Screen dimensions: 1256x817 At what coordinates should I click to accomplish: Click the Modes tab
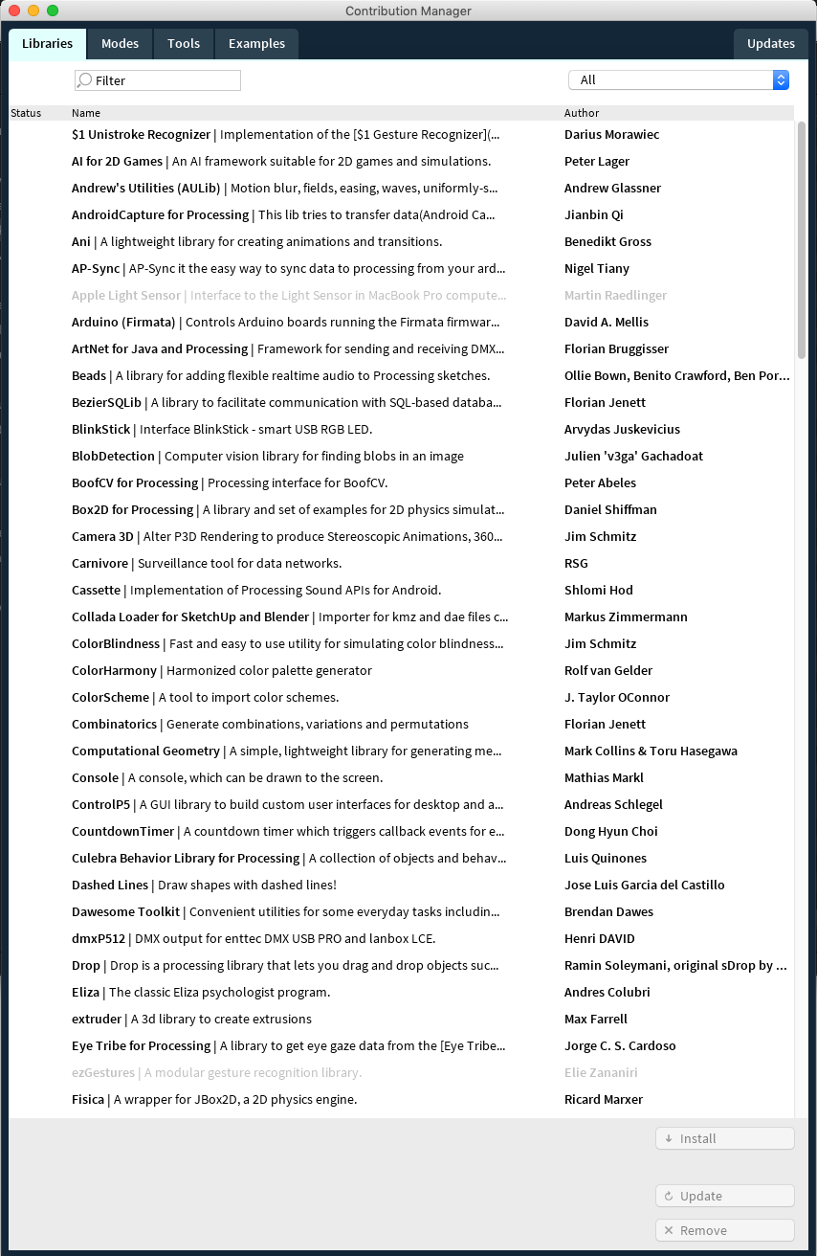(x=120, y=44)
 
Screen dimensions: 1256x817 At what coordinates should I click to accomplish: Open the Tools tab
(x=184, y=44)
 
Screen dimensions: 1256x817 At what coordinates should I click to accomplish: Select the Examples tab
(x=256, y=44)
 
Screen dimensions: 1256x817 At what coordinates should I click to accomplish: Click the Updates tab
(x=770, y=44)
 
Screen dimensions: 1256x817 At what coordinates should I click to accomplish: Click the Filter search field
(x=158, y=80)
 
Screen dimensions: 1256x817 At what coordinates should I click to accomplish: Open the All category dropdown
(x=678, y=80)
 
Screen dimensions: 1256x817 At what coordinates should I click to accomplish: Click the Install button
(x=724, y=1138)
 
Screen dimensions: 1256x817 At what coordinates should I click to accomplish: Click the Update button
(x=724, y=1196)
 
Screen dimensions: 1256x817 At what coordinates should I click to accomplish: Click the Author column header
(x=582, y=113)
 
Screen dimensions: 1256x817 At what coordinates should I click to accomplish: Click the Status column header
(x=26, y=113)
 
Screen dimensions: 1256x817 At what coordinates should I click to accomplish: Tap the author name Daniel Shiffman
(x=610, y=509)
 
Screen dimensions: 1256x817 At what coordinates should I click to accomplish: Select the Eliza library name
(x=85, y=992)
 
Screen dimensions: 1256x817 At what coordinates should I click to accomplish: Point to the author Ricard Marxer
(x=603, y=1099)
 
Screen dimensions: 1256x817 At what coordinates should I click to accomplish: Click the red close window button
(x=14, y=11)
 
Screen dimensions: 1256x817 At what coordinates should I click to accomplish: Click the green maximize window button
(x=53, y=11)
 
